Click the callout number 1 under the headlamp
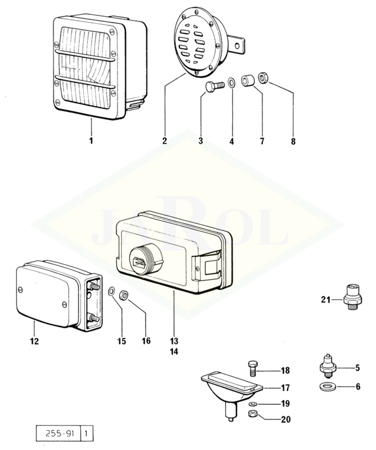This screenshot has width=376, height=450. (x=91, y=141)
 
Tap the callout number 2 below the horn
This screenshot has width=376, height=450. (x=164, y=141)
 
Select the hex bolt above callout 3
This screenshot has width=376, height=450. (x=211, y=87)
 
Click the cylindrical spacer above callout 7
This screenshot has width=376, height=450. (x=249, y=80)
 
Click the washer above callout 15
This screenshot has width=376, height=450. (x=112, y=291)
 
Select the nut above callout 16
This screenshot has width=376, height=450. (x=124, y=293)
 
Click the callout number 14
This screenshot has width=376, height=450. (x=173, y=351)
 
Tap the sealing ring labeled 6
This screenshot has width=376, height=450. (x=327, y=387)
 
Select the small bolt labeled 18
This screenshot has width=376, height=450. (x=251, y=369)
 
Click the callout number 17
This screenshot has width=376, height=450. (x=285, y=388)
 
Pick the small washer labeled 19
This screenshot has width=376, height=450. (x=251, y=404)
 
